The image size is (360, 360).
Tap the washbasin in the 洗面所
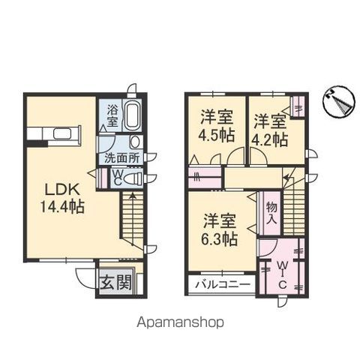coord(135,142)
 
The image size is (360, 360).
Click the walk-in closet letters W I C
coord(283,273)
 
